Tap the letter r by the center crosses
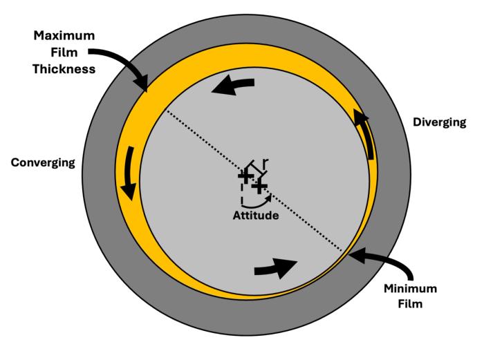coord(266,163)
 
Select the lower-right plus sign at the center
coord(259,187)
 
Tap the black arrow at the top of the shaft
coord(232,86)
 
